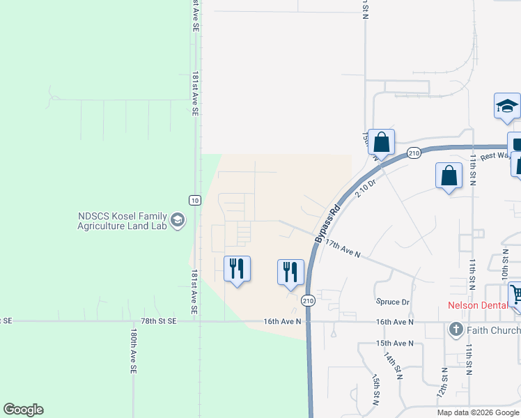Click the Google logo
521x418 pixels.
(x=23, y=410)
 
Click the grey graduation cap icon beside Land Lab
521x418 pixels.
(x=178, y=221)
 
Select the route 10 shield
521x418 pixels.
(x=195, y=201)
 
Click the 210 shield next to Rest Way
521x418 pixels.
(x=414, y=153)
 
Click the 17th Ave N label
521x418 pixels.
(x=343, y=249)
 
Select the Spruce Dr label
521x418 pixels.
(x=393, y=302)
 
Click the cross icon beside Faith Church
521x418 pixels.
(x=456, y=329)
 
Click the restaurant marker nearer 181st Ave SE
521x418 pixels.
(x=237, y=268)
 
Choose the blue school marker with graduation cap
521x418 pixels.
(x=507, y=107)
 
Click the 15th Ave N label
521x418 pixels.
(x=395, y=343)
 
